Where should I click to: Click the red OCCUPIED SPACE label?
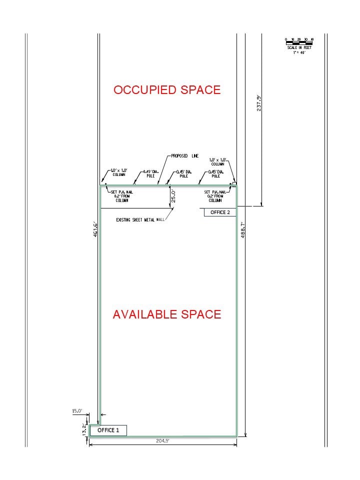pos(167,90)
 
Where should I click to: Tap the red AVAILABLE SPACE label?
pos(167,314)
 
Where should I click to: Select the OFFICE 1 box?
pos(108,430)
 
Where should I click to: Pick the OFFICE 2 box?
pos(220,212)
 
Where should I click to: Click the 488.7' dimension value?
pos(242,229)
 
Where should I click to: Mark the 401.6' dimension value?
pos(95,229)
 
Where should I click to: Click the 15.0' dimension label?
pos(77,411)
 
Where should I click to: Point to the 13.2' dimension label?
pos(84,429)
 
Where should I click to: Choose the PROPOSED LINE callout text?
pos(184,156)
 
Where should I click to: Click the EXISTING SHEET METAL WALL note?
pos(140,219)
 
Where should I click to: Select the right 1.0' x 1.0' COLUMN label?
pos(217,162)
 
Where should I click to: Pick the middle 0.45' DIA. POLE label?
pos(183,174)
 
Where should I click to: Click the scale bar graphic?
pos(299,41)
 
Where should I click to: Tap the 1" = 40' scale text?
pos(299,52)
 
